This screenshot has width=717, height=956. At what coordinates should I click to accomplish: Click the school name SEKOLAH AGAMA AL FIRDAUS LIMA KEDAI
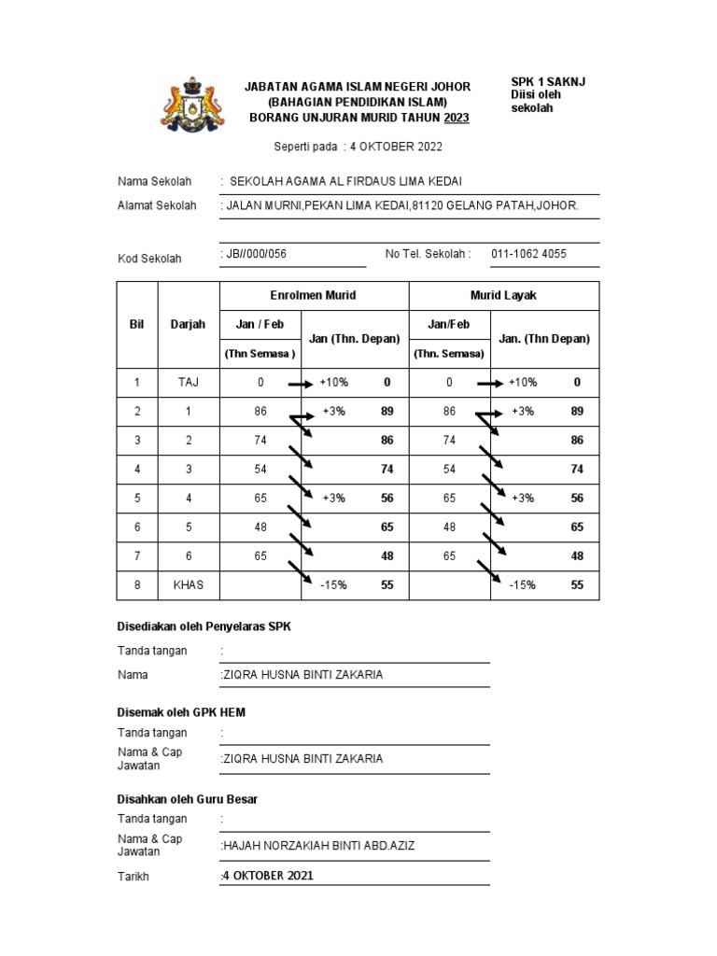tap(345, 181)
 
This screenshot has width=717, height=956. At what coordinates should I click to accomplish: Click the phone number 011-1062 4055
tap(528, 254)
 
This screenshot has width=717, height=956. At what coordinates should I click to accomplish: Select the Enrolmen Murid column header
tap(313, 295)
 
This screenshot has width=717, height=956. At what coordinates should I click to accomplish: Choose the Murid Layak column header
tap(503, 295)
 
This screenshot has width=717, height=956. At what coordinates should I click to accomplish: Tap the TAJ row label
tap(188, 383)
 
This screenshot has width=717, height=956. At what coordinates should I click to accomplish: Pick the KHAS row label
tap(188, 585)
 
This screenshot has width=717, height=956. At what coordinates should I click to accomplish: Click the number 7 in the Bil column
tap(136, 556)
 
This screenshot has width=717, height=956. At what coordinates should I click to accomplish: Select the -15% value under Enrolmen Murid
tap(333, 585)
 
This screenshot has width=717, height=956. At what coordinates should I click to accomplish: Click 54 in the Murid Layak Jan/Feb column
tap(449, 470)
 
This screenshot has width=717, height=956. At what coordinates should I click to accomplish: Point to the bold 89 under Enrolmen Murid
tap(387, 412)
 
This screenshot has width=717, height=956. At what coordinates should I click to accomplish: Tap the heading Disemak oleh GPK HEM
tap(181, 712)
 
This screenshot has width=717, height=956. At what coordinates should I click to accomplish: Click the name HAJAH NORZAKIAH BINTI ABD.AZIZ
tap(317, 846)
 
